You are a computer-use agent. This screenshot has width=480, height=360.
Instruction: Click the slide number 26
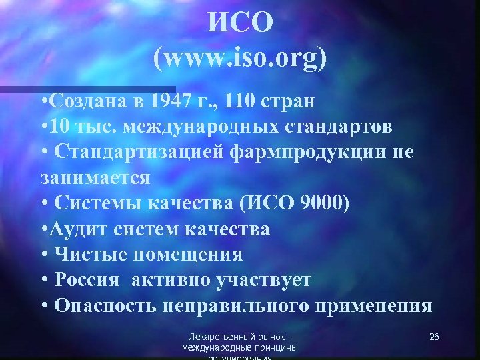[433, 337]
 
